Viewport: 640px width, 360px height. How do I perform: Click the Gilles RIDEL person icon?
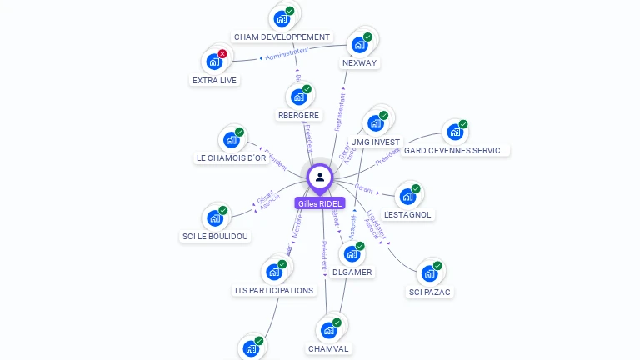(320, 177)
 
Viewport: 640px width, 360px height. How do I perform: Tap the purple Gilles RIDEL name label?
(320, 203)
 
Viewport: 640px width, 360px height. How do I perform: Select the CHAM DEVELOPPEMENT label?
(282, 37)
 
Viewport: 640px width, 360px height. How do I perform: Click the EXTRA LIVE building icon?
(214, 61)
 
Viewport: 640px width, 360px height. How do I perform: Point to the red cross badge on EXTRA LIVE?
(222, 53)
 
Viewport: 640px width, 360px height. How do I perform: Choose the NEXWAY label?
(360, 63)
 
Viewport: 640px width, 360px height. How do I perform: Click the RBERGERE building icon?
(298, 96)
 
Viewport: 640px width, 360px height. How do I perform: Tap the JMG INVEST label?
(376, 142)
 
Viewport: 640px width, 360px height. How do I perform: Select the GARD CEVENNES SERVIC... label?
(455, 151)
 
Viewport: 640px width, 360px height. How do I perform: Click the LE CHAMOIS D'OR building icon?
(231, 139)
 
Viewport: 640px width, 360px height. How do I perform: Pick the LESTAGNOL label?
(408, 215)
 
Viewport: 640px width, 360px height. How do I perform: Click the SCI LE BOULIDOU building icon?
(215, 218)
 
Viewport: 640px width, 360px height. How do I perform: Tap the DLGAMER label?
(352, 272)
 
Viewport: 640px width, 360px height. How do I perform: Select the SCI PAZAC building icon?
(429, 273)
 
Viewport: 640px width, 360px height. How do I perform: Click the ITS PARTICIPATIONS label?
(274, 291)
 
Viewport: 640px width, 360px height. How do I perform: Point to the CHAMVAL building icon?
(328, 330)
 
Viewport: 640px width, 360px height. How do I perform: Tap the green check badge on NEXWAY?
(367, 37)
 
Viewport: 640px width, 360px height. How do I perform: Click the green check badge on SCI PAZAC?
(437, 266)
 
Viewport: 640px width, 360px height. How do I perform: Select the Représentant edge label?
(340, 109)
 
